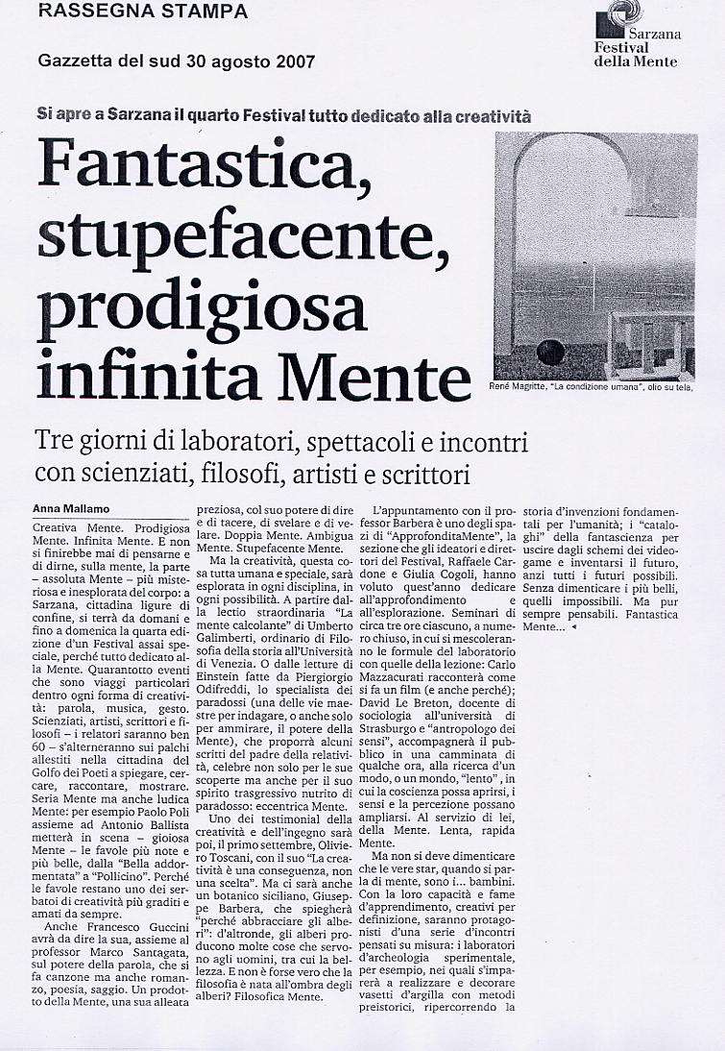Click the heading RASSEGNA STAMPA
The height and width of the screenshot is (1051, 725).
pyautogui.click(x=141, y=12)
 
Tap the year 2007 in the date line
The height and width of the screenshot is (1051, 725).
pyautogui.click(x=294, y=62)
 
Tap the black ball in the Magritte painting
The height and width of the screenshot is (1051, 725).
pyautogui.click(x=549, y=352)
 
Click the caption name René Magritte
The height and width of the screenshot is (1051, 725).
pyautogui.click(x=525, y=388)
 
